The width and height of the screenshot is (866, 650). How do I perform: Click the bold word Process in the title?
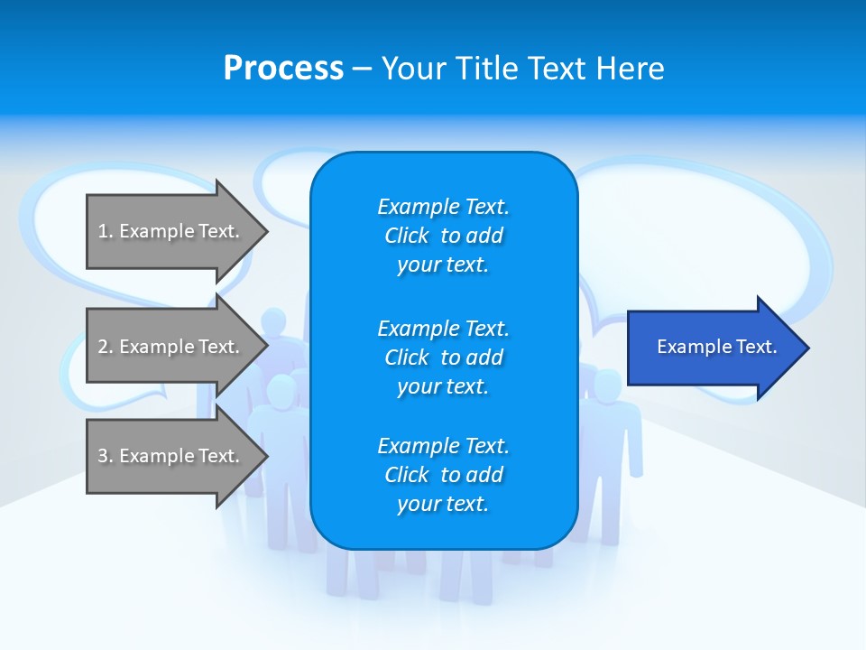tap(283, 69)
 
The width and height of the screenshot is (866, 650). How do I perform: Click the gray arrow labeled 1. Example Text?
tap(171, 231)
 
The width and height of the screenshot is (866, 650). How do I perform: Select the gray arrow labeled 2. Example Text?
tap(171, 347)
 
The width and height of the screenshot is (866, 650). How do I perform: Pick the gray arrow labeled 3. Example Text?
tap(171, 456)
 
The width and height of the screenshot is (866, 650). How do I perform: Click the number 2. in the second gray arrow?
tap(106, 347)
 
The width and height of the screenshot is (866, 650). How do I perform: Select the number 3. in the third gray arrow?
tap(106, 456)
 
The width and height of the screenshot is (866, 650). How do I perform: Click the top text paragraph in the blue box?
tap(443, 236)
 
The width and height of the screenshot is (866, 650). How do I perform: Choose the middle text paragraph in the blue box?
tap(443, 357)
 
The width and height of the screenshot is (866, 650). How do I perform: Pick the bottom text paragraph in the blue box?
tap(443, 475)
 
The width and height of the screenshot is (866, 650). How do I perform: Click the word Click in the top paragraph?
tap(407, 236)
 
